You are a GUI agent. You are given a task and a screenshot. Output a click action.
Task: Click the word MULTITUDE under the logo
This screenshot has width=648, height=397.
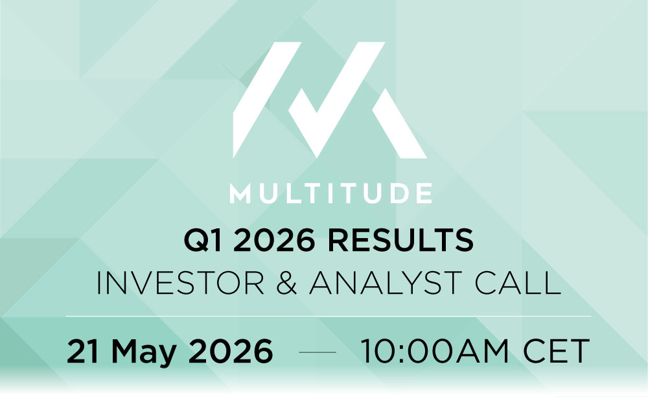330,194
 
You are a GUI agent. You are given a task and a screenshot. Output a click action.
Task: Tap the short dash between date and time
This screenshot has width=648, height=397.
318,352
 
